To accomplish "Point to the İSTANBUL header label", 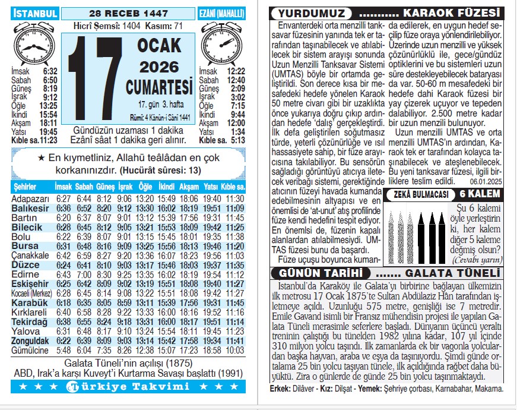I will (x=35, y=13).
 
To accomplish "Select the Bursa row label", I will (x=25, y=246).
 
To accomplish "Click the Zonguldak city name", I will (x=30, y=341).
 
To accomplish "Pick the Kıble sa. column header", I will (x=233, y=187).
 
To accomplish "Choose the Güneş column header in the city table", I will (x=104, y=187).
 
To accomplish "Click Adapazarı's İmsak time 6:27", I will (x=64, y=198).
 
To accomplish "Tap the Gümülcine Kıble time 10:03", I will (x=234, y=351).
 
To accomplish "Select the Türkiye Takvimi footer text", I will (x=128, y=387).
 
